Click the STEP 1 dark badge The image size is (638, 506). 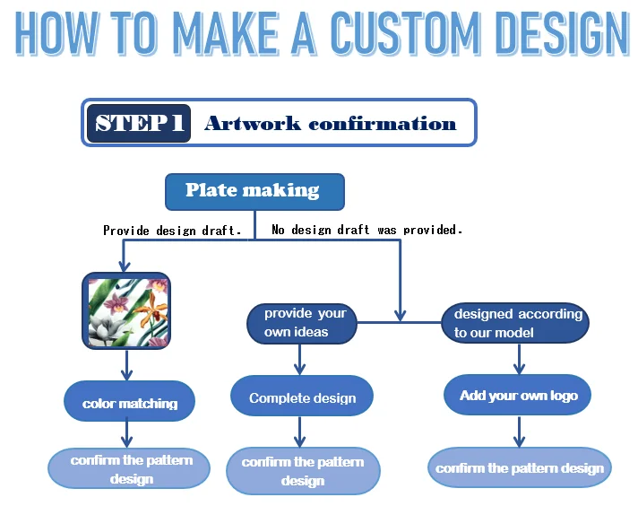point(139,123)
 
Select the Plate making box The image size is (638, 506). point(254,191)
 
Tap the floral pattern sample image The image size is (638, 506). point(126,310)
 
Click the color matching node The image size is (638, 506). point(130,403)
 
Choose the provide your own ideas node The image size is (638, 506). point(302,323)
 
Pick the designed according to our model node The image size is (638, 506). point(516,323)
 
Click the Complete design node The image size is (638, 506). point(302,397)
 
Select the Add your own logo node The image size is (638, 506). point(518,396)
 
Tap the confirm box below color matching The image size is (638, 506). point(131,469)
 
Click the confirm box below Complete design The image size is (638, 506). point(303,471)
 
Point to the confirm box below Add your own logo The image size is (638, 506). point(520,468)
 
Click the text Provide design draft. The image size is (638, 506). point(172,231)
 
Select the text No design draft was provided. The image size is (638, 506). point(366,230)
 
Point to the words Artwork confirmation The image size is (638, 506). point(330,124)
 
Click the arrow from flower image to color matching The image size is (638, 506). point(126,363)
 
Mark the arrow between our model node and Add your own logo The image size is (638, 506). point(518,357)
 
